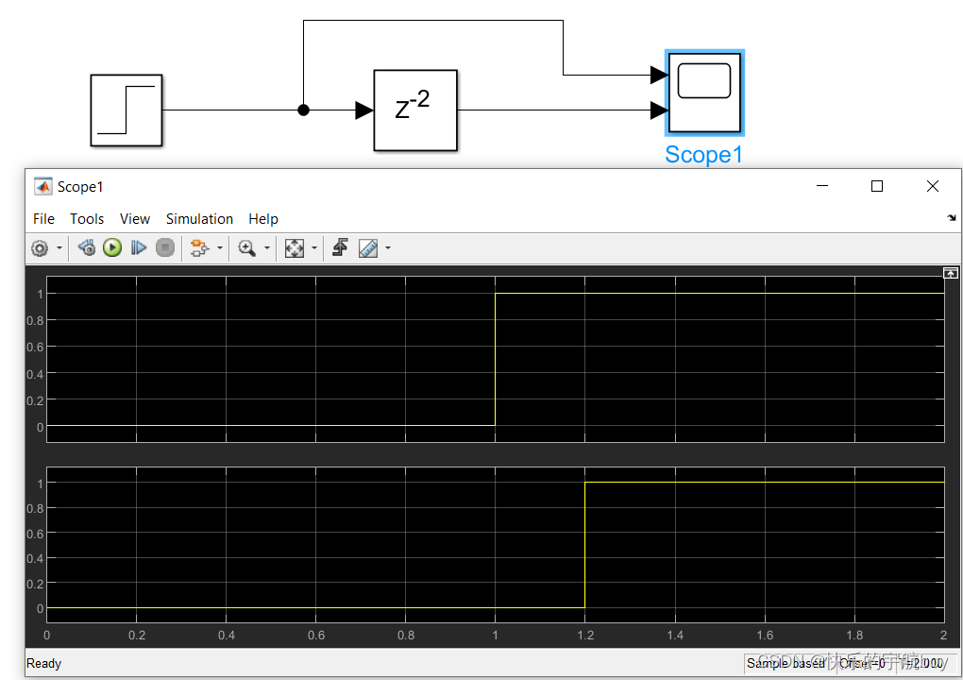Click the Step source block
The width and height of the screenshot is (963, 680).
coord(126,110)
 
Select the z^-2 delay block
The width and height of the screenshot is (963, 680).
coord(415,110)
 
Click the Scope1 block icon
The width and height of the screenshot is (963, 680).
coord(704,93)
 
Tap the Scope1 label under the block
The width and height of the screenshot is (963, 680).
coord(703,155)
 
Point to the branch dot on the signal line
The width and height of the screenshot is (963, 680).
coord(303,110)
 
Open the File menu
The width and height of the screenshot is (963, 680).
coord(43,219)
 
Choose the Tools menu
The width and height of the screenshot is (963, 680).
coord(87,219)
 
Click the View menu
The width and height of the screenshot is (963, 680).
coord(135,219)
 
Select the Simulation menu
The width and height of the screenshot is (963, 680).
coord(199,219)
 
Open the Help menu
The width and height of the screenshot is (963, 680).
coord(263,219)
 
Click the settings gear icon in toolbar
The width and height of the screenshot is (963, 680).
coord(40,248)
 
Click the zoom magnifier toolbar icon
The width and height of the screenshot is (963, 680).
coord(247,248)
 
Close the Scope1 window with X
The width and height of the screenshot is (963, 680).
coord(933,187)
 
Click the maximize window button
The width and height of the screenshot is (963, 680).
coord(877,187)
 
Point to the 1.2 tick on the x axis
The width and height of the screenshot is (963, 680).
coord(584,636)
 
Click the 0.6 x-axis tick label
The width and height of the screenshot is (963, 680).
coord(315,636)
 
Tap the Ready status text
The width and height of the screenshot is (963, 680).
coord(44,663)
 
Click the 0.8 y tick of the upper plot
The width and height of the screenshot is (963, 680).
coord(36,320)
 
